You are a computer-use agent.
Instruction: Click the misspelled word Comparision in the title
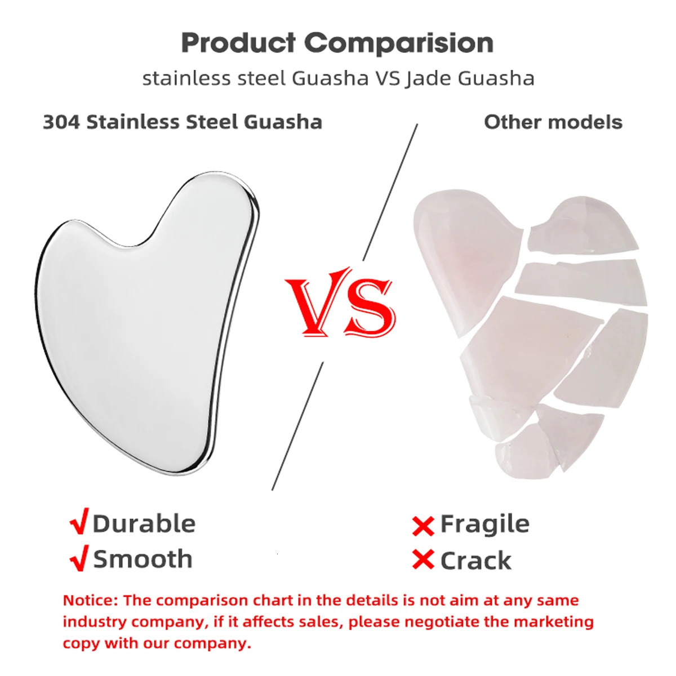tap(399, 43)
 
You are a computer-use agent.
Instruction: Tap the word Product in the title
tap(238, 43)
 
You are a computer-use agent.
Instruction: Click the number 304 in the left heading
tap(61, 122)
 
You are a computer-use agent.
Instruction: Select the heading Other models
tap(553, 122)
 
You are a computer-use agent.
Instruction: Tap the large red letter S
tap(369, 307)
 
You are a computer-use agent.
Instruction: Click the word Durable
tap(144, 523)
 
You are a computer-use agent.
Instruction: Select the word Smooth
tap(143, 559)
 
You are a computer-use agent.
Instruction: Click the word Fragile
tap(484, 524)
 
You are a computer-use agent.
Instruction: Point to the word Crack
tap(475, 561)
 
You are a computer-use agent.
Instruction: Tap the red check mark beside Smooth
tap(79, 558)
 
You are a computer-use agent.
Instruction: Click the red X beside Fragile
tap(423, 526)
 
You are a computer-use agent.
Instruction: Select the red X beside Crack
tap(423, 560)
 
